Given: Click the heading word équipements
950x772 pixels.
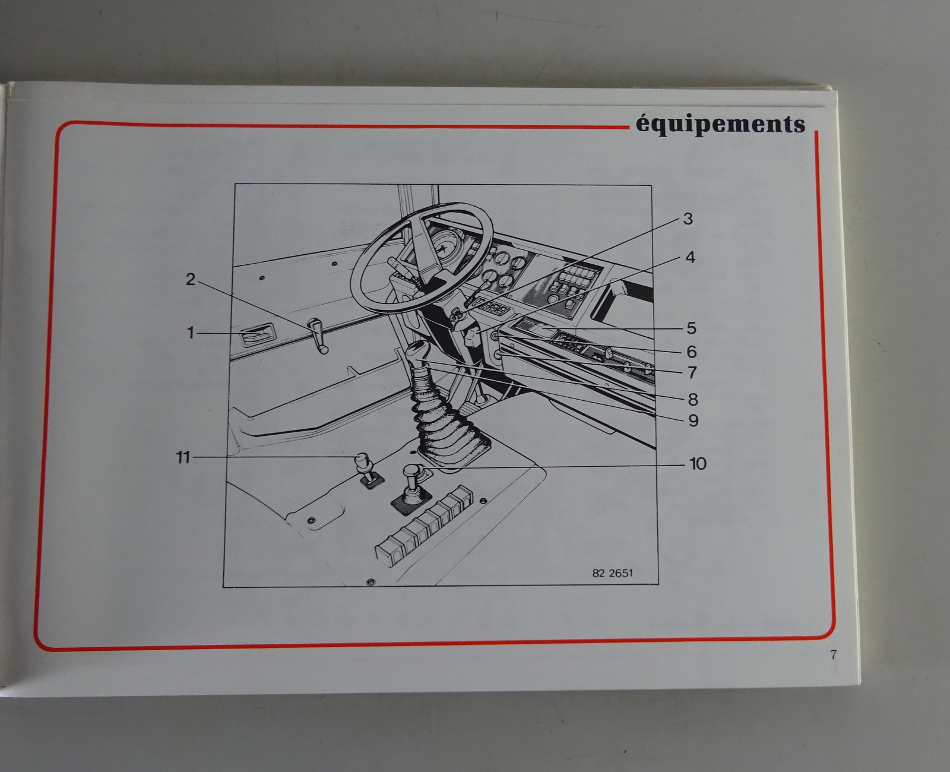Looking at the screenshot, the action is tap(720, 125).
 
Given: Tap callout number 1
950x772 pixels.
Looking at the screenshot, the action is tap(191, 333).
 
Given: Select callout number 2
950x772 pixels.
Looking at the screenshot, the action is tap(191, 280).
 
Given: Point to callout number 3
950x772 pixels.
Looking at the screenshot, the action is tap(688, 219).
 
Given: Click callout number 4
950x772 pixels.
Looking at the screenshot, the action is tap(690, 257).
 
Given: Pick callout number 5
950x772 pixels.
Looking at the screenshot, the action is tap(691, 328).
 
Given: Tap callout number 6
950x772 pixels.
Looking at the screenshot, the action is tap(691, 352).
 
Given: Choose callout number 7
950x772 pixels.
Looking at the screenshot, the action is tap(692, 372).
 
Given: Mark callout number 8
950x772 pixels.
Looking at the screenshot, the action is tap(693, 400).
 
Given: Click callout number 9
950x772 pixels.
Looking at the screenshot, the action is tap(693, 420).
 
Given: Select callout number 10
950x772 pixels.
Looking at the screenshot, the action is tap(698, 464).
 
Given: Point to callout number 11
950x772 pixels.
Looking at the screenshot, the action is tap(183, 457).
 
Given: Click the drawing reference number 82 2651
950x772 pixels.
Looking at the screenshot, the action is tap(612, 573).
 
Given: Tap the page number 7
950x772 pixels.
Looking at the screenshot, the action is tap(833, 655).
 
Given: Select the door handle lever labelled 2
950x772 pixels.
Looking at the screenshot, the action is tap(318, 336).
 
